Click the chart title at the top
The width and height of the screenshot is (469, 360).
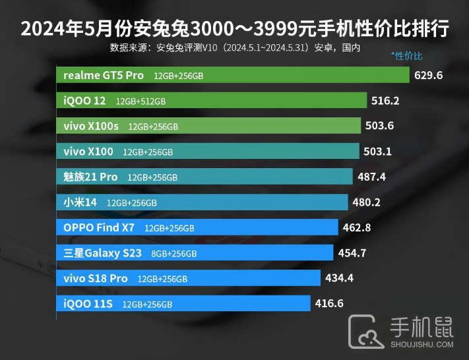(x=234, y=29)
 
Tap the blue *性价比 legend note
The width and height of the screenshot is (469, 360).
(x=407, y=56)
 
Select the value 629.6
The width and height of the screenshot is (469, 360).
(x=428, y=75)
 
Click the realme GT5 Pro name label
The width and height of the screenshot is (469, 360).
(x=103, y=75)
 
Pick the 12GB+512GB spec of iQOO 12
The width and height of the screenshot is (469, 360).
(x=141, y=102)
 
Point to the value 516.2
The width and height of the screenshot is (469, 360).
(x=386, y=101)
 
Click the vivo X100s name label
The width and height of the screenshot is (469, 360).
(x=91, y=126)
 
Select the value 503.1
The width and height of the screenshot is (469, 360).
(x=377, y=152)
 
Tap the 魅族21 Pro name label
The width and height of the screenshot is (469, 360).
(x=90, y=177)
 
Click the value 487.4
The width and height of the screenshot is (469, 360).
(x=371, y=177)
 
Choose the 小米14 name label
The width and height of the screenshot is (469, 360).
(x=80, y=202)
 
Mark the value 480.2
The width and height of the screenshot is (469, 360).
(x=366, y=202)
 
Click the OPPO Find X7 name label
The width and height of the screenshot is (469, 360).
(x=98, y=227)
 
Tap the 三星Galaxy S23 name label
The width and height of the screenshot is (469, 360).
(x=102, y=253)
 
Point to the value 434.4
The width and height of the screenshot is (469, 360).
(x=339, y=278)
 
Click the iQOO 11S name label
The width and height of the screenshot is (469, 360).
(x=88, y=303)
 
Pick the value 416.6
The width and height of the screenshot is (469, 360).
(x=328, y=303)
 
